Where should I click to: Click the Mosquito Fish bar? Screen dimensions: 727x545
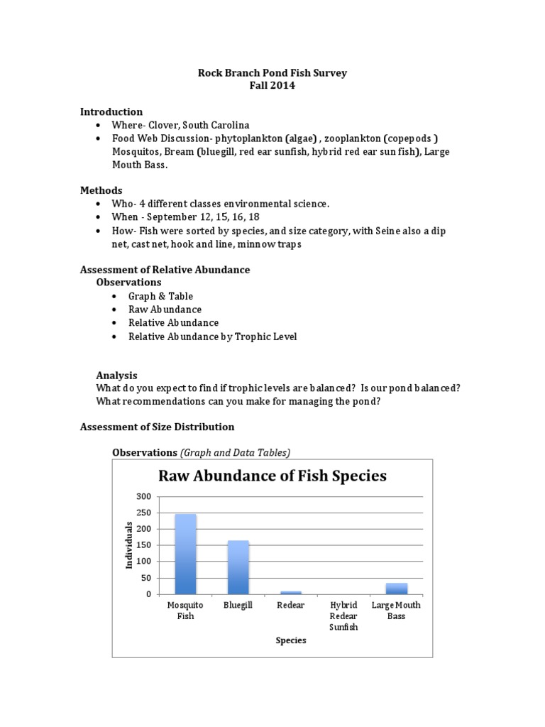point(185,554)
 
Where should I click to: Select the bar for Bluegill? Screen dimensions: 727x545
point(238,568)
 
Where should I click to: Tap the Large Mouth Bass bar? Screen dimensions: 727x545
point(396,589)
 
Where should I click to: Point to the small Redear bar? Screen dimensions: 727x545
point(291,592)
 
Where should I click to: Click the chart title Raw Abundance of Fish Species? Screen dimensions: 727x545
point(272,476)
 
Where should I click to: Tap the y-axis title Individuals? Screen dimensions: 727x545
point(129,545)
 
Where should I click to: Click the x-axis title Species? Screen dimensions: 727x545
point(291,640)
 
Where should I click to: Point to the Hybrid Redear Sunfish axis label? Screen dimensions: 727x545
point(343,616)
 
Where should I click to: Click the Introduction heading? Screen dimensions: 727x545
point(111,111)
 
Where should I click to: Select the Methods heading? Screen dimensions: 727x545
point(101,190)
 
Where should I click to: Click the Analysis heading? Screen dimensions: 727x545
point(116,375)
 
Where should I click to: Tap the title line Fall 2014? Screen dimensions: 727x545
point(272,86)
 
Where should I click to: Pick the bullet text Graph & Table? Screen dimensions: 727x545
point(160,296)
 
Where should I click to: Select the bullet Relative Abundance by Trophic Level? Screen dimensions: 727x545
point(212,337)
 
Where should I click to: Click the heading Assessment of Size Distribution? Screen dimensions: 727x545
point(157,427)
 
